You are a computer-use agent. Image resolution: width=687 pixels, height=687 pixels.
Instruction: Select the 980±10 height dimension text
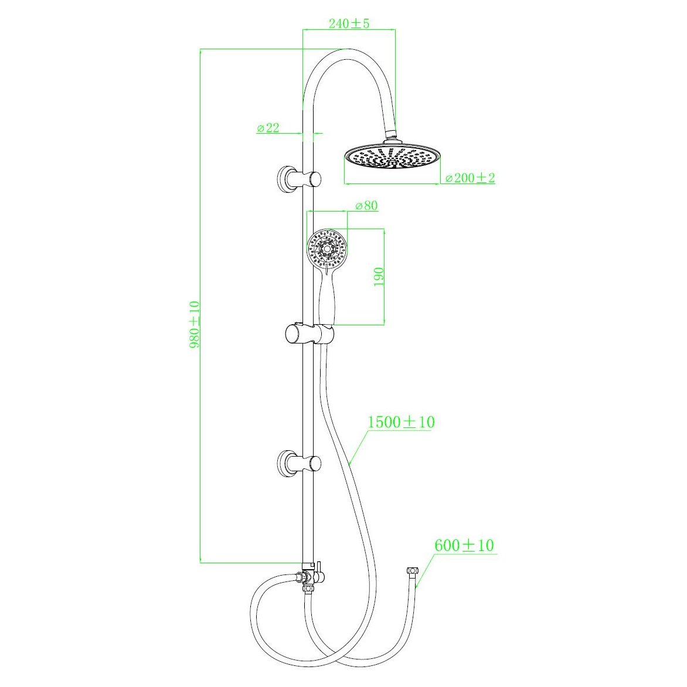[x=195, y=325]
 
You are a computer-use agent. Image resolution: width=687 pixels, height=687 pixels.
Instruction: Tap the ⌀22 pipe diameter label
[x=268, y=128]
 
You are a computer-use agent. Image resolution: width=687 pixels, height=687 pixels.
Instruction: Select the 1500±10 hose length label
[x=401, y=422]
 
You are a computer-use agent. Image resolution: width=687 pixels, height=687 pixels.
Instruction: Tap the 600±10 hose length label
[x=464, y=546]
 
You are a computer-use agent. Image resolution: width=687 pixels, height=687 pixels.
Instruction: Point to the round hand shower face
[x=328, y=250]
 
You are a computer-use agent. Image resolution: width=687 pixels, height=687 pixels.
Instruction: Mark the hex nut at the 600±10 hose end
[x=411, y=571]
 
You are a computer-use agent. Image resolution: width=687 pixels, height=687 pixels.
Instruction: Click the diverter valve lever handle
[x=320, y=566]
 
